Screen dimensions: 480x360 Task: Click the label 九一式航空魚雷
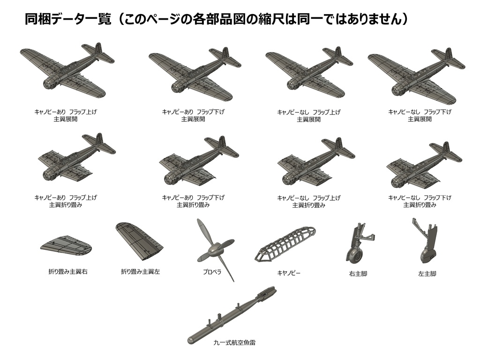coord(234,343)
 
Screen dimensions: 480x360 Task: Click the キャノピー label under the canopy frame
coord(289,273)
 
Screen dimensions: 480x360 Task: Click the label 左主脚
coord(427,273)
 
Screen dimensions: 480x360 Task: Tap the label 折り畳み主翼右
coord(68,271)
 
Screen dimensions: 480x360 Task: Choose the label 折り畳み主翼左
coord(141,271)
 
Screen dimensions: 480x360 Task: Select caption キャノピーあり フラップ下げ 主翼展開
coord(193,115)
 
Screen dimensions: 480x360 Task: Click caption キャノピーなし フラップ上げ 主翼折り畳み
coord(308,202)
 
